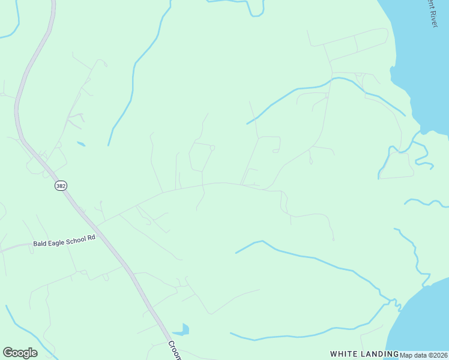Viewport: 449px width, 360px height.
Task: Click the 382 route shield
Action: click(61, 186)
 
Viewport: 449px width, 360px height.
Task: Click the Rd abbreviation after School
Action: click(91, 238)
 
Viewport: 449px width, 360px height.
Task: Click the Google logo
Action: click(20, 353)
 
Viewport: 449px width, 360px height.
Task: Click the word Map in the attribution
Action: click(406, 355)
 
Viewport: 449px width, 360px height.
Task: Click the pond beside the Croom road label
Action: click(182, 329)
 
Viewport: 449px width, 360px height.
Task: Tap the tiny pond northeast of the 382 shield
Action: click(81, 144)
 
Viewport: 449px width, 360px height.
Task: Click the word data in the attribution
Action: click(420, 355)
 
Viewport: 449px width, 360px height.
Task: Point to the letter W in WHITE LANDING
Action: click(334, 354)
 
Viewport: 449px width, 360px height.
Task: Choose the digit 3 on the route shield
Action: click(58, 186)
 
